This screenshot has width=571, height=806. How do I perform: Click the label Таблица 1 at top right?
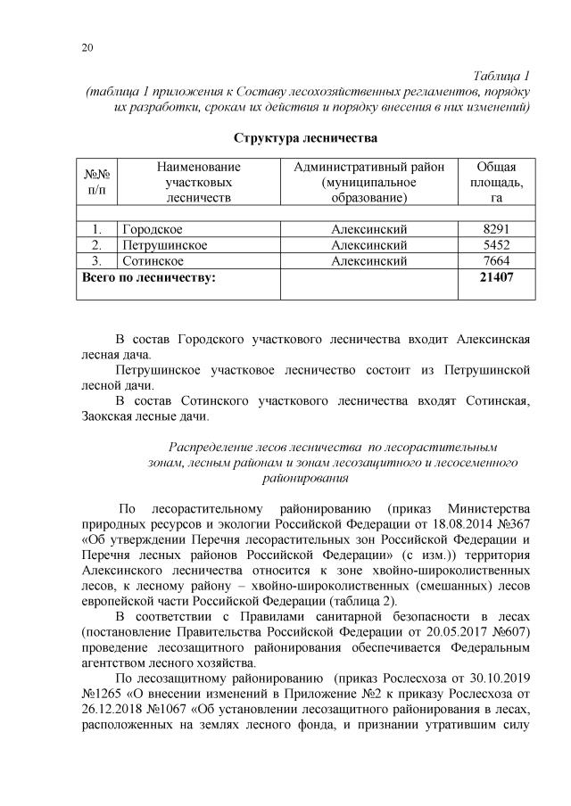coord(502,75)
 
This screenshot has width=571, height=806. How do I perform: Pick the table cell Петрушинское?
coord(165,244)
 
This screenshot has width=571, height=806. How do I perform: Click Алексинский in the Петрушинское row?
coord(368,244)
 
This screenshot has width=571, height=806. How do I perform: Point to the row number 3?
coord(95,260)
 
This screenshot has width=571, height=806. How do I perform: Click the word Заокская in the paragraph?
coord(110,415)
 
